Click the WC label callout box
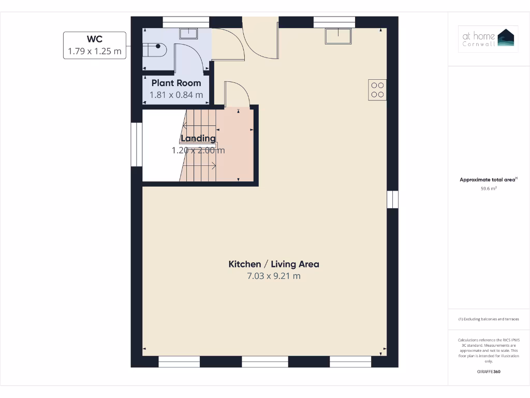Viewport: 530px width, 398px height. (x=94, y=45)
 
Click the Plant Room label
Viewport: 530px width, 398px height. (x=176, y=83)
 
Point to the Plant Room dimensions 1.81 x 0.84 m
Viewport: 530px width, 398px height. (x=176, y=95)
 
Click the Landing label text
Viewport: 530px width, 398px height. (x=198, y=138)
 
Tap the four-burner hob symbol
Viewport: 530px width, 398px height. (x=377, y=90)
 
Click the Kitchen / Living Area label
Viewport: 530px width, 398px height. (x=274, y=264)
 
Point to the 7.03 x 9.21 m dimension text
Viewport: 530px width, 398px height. (x=274, y=276)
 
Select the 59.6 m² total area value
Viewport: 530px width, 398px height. (x=489, y=189)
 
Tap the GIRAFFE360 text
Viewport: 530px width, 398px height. (x=489, y=372)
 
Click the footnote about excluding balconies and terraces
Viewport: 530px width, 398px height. (x=489, y=319)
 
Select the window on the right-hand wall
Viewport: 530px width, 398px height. (x=393, y=199)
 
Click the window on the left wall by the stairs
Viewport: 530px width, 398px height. (x=137, y=144)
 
